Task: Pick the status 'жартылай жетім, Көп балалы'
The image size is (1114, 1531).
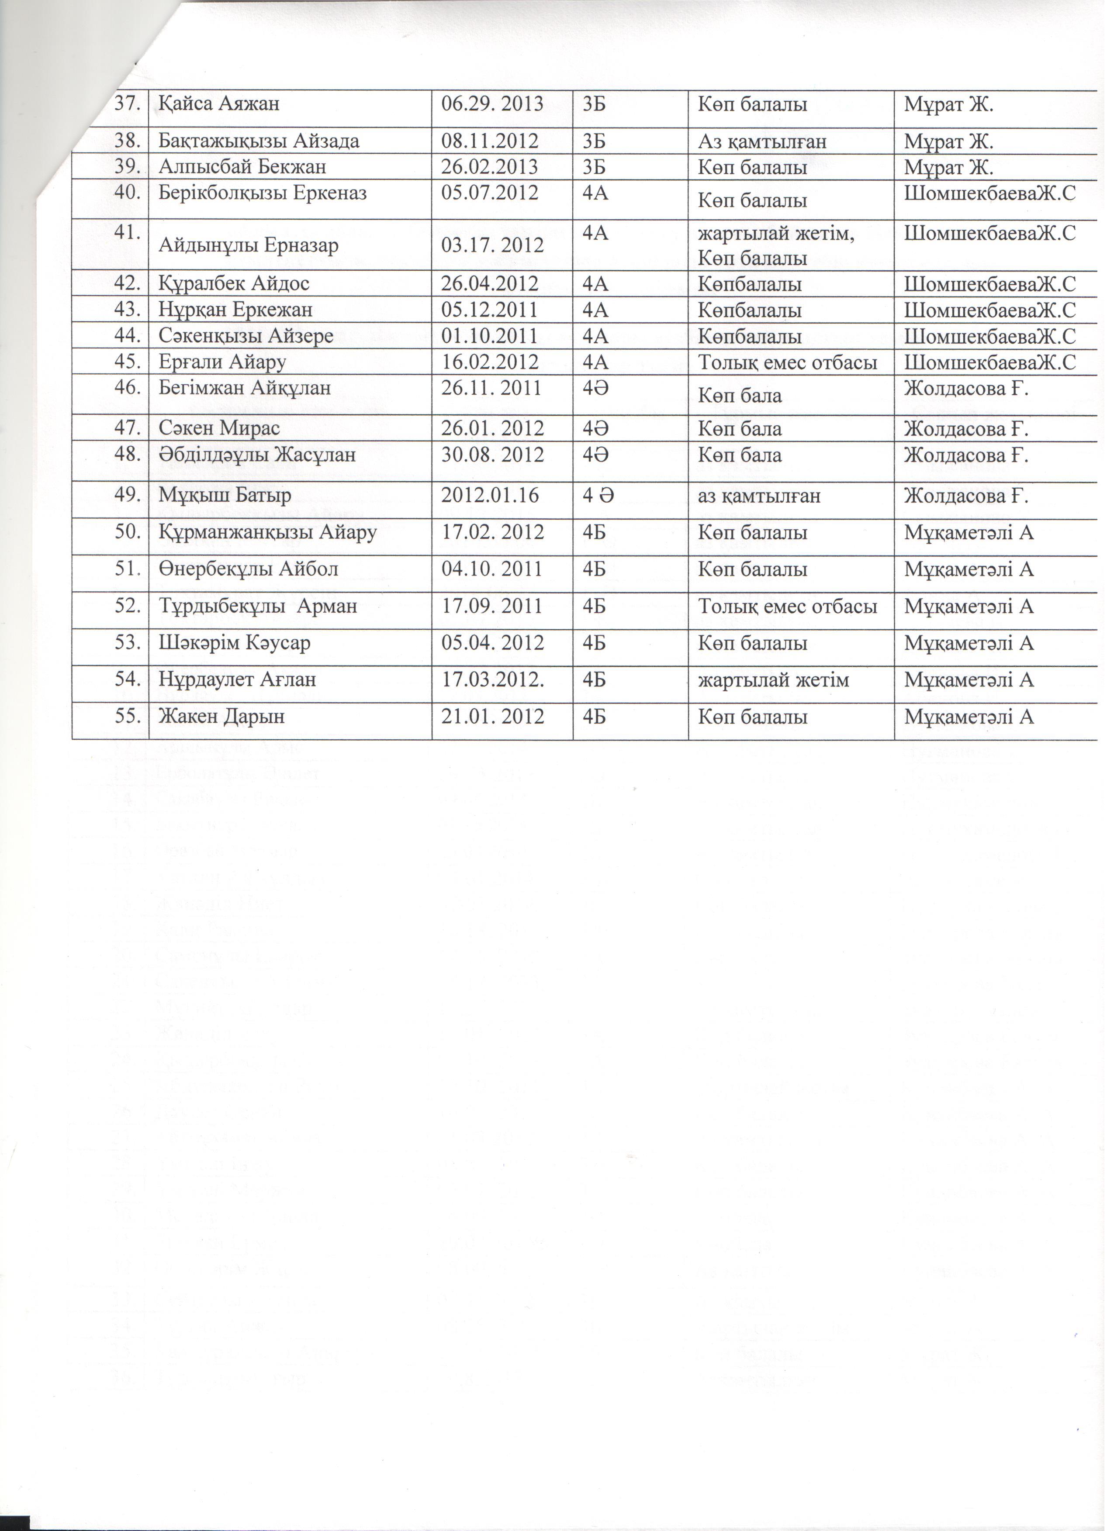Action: click(776, 246)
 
